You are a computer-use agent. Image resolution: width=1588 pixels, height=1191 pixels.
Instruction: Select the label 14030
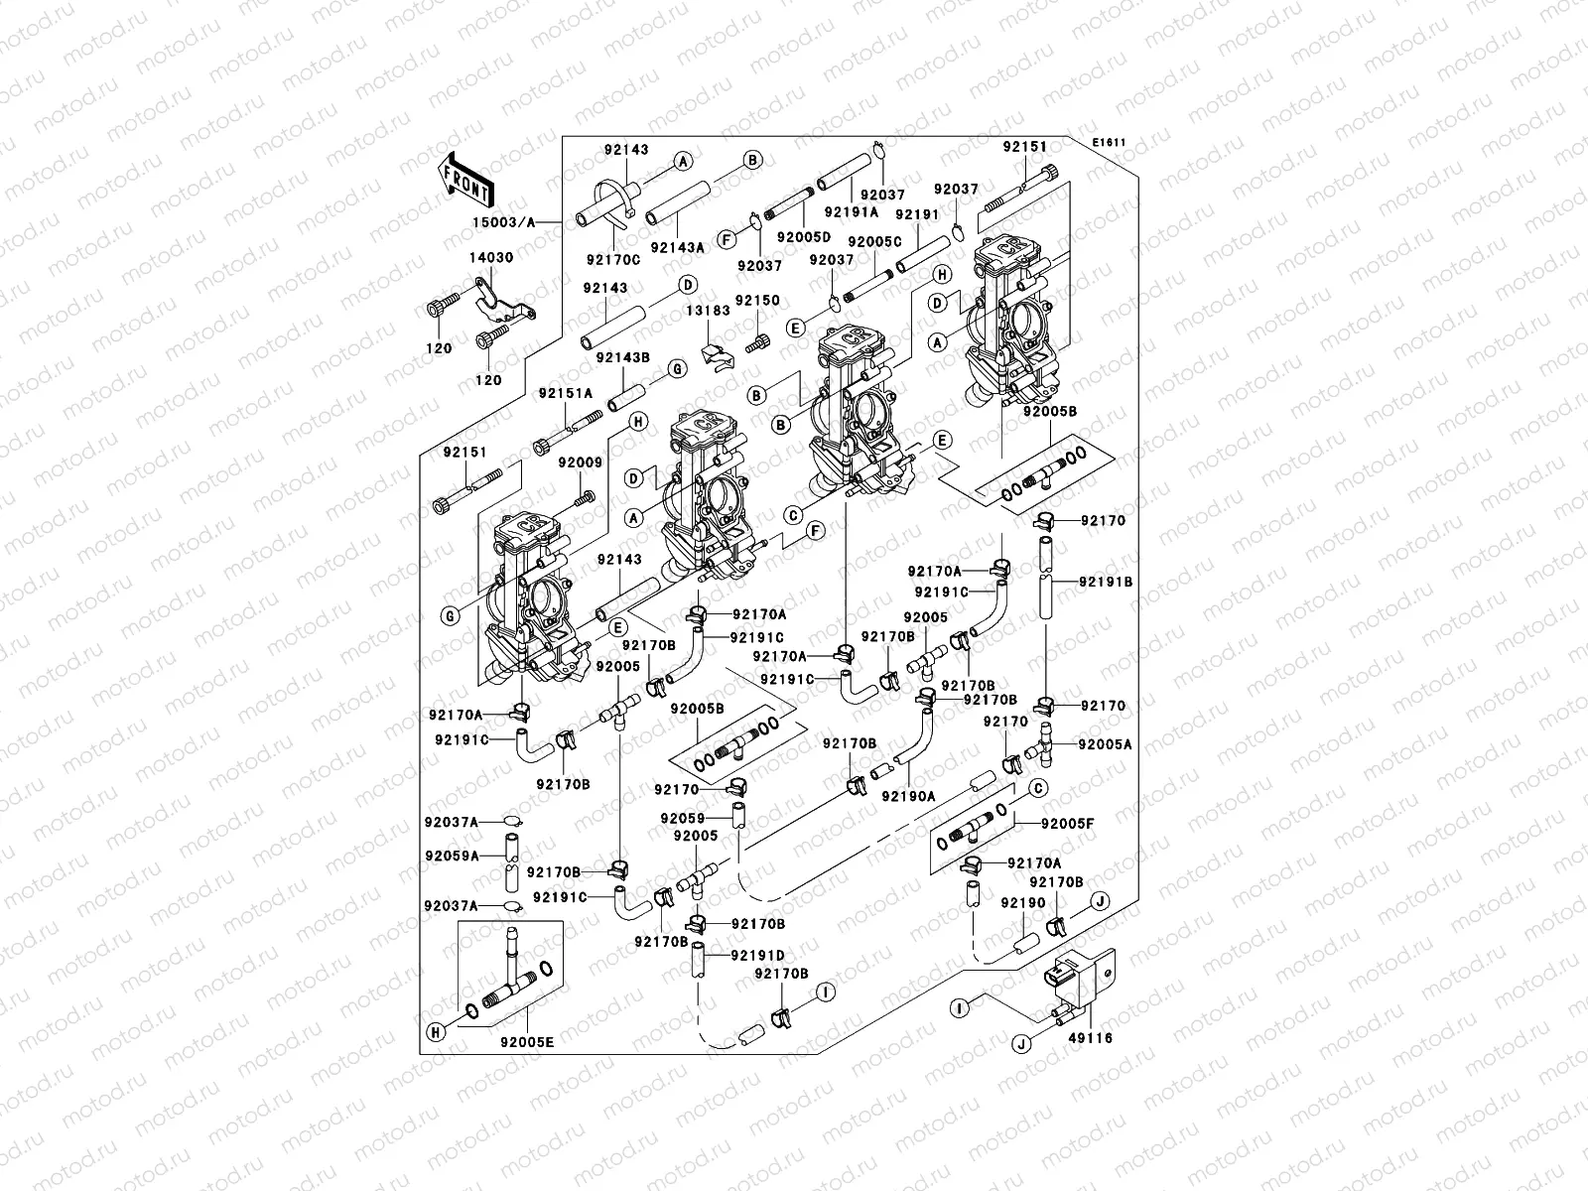coord(491,258)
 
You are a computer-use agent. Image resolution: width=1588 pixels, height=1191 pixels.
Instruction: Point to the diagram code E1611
coord(1110,143)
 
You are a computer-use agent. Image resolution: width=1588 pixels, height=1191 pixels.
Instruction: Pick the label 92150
coord(757,300)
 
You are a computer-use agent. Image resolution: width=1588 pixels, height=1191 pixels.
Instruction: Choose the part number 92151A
coord(565,393)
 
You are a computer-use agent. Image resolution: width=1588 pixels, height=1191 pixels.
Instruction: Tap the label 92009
coord(580,463)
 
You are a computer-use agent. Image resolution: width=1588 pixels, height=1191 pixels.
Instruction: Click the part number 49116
coord(1089,1038)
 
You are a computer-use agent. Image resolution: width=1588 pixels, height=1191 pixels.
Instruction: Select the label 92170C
coord(612,260)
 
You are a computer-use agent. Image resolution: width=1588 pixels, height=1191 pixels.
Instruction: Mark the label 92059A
coord(452,856)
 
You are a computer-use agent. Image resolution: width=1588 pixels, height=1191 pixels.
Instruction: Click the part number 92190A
coord(908,796)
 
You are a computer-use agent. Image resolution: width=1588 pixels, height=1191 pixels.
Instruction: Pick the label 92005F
coord(1067,823)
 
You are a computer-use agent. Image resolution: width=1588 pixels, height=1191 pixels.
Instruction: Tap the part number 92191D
coord(757,956)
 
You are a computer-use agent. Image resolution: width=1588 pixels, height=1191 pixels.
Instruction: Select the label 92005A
coord(1105,743)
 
